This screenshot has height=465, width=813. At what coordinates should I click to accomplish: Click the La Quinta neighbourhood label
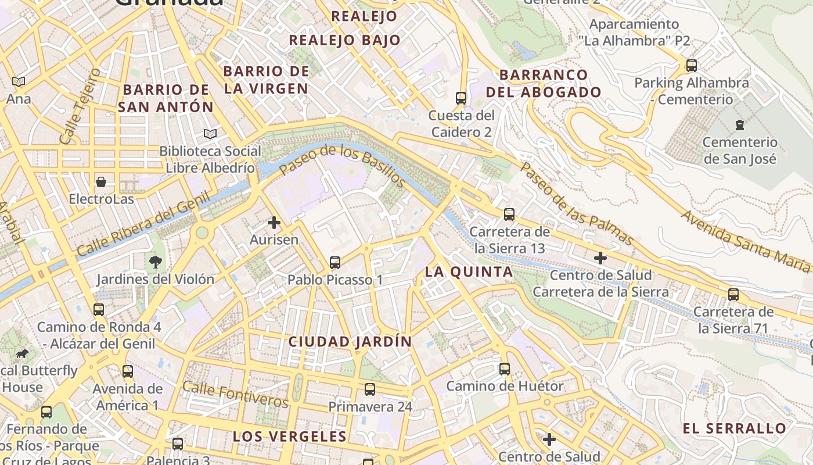(469, 271)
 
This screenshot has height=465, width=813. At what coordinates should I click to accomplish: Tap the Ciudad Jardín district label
(350, 341)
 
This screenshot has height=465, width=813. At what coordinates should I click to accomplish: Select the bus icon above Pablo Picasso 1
(334, 262)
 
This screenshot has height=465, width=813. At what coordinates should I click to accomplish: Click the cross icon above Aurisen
(274, 222)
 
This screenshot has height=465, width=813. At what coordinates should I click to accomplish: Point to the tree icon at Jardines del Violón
(155, 262)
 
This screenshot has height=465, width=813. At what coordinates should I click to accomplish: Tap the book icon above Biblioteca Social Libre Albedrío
(210, 134)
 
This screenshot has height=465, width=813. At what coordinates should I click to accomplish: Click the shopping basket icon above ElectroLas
(101, 182)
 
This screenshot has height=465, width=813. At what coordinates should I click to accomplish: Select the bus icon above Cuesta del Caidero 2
(461, 98)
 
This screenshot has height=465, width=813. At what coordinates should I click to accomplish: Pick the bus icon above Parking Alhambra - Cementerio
(691, 65)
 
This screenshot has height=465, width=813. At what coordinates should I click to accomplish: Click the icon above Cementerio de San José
(739, 124)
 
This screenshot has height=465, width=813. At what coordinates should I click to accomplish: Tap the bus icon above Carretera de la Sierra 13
(509, 214)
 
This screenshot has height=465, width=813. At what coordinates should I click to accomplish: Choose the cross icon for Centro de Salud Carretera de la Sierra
(600, 257)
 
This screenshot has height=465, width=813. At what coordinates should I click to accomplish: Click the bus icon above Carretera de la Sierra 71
(733, 294)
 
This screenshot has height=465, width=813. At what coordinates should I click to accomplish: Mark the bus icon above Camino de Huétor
(504, 369)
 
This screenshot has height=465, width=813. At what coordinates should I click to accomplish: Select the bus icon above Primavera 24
(370, 389)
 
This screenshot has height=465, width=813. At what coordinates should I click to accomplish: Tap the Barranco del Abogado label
(544, 83)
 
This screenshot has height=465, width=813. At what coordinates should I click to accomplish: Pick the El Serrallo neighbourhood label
(734, 428)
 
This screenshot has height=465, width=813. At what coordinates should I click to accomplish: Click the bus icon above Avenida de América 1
(127, 371)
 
